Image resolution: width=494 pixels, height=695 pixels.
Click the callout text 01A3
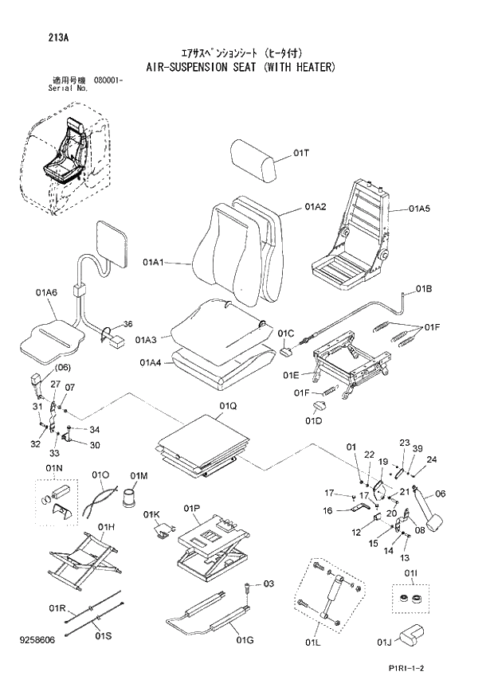click(x=146, y=340)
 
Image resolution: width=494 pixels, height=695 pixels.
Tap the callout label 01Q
click(x=228, y=406)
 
